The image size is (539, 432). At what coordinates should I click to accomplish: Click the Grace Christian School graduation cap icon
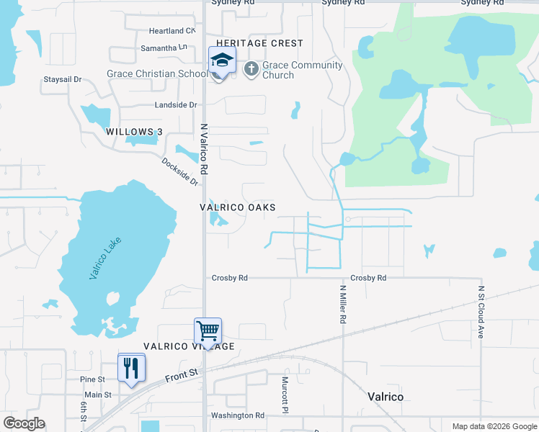222,60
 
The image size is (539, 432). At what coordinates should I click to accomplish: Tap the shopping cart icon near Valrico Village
208,331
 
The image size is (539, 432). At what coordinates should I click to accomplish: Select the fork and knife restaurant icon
131,368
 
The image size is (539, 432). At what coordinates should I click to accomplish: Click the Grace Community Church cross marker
251,70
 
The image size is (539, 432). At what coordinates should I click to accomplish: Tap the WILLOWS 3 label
133,132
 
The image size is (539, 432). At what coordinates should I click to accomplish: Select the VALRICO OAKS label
238,207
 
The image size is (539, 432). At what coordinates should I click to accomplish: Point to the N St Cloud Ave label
481,312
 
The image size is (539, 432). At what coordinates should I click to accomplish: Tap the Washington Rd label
238,415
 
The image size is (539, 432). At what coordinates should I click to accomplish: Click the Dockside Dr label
180,172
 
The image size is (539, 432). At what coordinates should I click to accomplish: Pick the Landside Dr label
177,105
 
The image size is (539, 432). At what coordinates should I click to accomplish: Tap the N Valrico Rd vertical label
204,149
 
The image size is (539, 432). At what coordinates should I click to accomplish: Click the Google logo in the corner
24,423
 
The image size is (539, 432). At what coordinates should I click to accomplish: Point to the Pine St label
93,379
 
